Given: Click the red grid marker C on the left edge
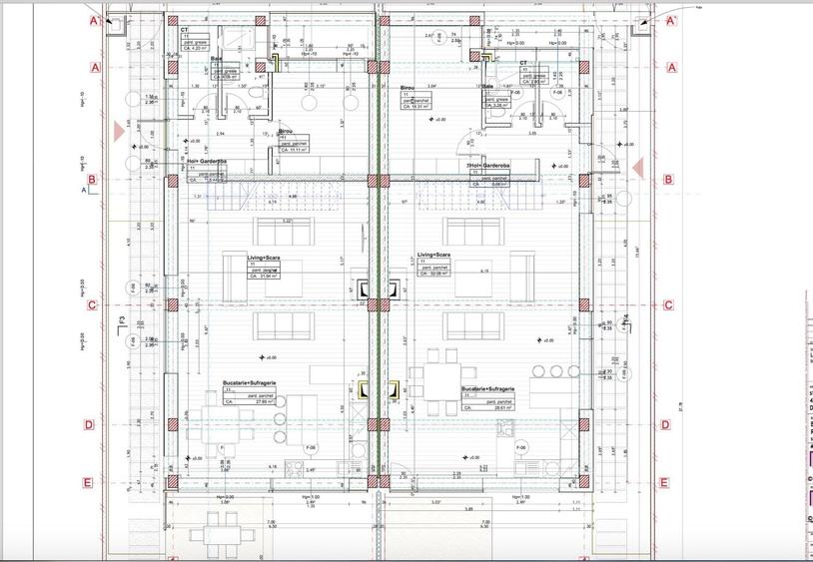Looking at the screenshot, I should (89, 306).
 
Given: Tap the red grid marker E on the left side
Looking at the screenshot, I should (88, 483).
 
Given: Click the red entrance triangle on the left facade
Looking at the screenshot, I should (119, 131).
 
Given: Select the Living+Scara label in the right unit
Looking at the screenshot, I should (432, 256).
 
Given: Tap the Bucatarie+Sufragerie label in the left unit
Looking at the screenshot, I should (250, 383).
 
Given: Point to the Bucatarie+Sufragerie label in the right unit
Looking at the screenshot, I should (487, 389).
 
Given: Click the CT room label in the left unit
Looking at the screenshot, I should (185, 31).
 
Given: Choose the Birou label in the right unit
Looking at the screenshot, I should (407, 88).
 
